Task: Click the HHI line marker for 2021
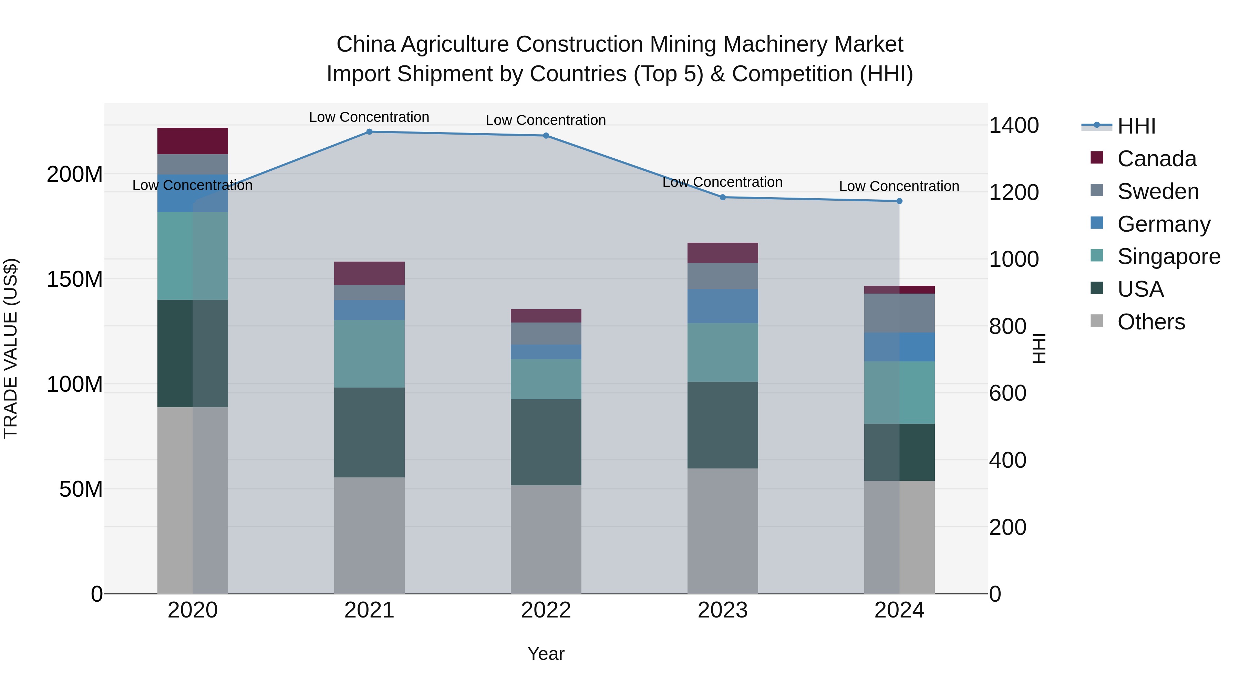369,132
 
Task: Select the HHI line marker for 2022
546,136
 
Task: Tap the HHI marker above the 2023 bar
723,197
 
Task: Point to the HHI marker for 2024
899,201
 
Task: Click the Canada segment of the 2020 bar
193,141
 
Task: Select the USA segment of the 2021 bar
369,432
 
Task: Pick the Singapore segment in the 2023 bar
723,352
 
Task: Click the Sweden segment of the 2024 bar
899,313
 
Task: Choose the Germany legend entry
1164,224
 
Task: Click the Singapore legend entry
1168,256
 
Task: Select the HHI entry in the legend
1136,126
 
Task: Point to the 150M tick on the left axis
75,279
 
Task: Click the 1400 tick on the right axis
1014,126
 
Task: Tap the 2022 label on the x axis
546,610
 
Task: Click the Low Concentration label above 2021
369,117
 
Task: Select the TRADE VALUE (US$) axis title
11,348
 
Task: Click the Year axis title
546,654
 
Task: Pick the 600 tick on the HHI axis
1007,393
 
